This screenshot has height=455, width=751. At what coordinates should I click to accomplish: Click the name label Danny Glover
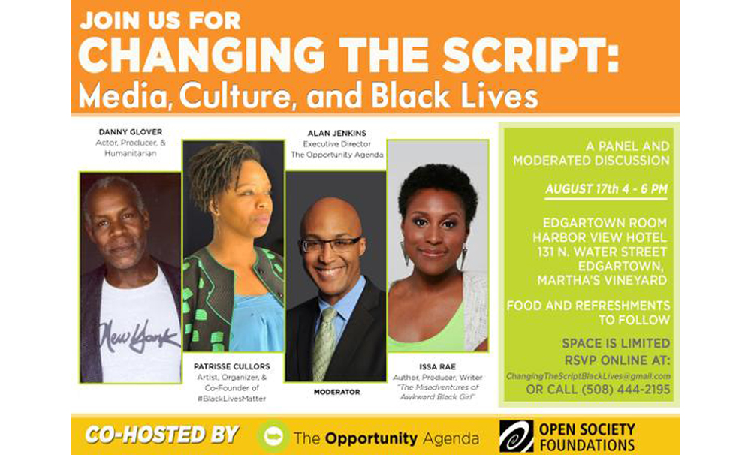[130, 131]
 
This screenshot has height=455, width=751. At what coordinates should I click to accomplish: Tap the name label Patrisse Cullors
[232, 366]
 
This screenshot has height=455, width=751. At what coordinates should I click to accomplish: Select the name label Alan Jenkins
[336, 133]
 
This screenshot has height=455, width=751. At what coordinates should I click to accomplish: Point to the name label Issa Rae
[437, 367]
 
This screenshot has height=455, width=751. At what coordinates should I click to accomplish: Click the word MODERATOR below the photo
[336, 392]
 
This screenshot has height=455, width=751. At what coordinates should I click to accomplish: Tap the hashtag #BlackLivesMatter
[232, 399]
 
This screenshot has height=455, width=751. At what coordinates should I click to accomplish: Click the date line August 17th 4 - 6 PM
[606, 188]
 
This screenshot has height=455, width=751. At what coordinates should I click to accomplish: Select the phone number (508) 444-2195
[626, 390]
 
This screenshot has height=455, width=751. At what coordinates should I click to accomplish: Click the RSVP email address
[588, 376]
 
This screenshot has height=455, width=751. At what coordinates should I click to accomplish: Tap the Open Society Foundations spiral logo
[517, 435]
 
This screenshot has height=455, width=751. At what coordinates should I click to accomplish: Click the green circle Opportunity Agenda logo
[273, 436]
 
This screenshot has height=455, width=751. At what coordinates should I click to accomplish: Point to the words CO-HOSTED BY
[162, 435]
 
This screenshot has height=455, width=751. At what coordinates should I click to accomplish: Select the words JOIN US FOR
[160, 20]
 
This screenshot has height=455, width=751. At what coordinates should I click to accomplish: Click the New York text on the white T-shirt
[138, 336]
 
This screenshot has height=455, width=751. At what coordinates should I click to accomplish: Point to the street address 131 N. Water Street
[602, 252]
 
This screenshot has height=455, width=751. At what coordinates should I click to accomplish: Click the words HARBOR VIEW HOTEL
[599, 237]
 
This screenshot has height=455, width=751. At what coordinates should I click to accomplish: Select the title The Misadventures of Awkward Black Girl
[437, 392]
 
